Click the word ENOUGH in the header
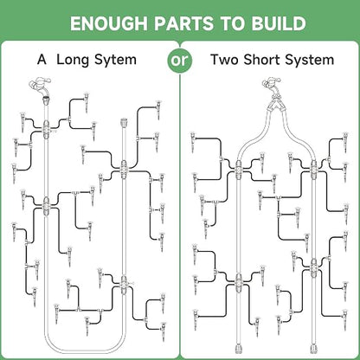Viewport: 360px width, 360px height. [109, 23]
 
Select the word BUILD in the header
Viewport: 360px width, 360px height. [279, 23]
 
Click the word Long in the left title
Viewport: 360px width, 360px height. [74, 61]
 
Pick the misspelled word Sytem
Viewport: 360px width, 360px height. [115, 61]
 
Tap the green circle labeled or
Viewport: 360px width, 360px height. [180, 61]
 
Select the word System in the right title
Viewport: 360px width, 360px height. [310, 61]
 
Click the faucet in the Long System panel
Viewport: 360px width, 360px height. [40, 87]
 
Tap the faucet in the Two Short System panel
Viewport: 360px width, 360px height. [272, 87]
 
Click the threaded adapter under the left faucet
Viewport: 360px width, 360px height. [46, 101]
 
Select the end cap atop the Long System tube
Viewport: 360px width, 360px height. [124, 123]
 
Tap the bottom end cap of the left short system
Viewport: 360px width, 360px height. [238, 349]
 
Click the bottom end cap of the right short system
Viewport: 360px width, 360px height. [314, 349]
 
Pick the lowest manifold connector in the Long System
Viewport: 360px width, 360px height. [124, 285]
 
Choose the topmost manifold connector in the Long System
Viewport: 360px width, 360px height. [46, 129]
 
